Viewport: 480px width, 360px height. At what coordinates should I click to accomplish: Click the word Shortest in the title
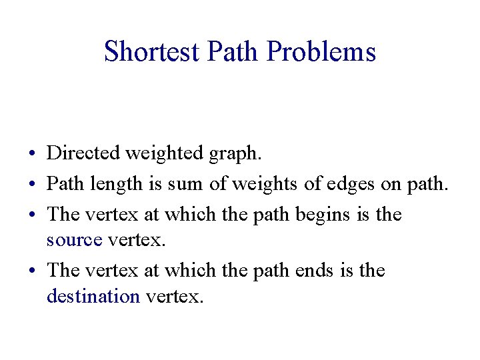(152, 51)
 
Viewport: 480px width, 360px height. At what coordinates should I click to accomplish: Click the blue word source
(74, 240)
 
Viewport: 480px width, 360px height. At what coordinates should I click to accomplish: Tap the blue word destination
(93, 296)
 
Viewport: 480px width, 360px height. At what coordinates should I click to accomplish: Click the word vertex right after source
(136, 240)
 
